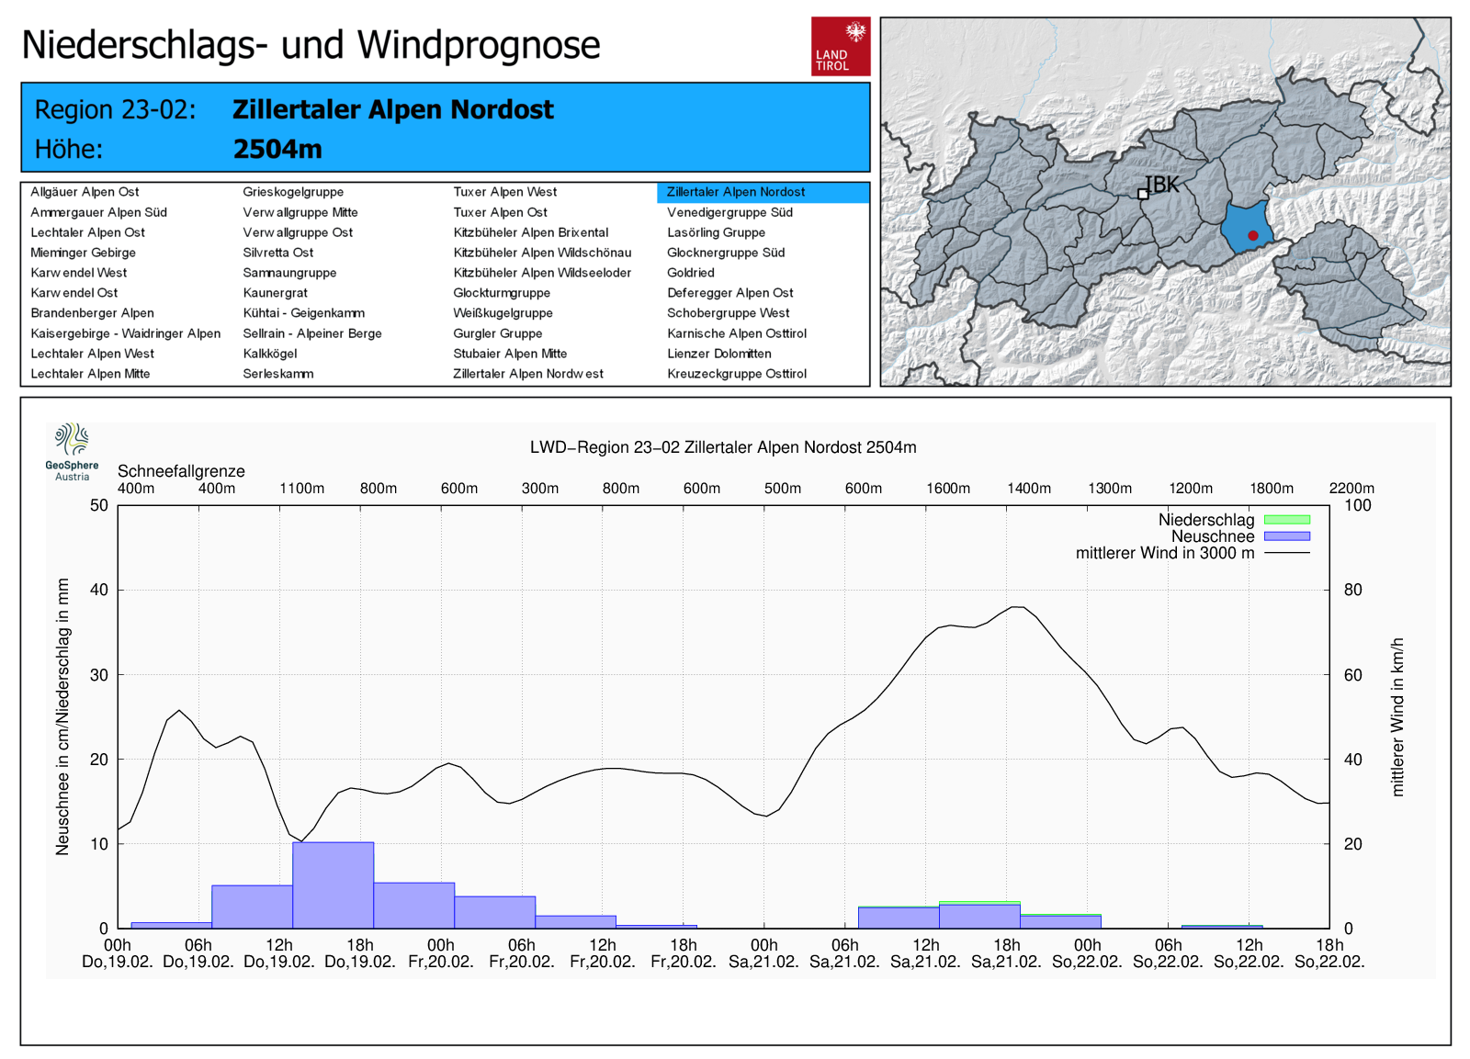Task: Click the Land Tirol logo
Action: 840,46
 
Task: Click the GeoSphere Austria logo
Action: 72,451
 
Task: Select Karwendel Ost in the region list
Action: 74,293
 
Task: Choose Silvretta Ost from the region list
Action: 277,253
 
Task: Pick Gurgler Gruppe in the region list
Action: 497,333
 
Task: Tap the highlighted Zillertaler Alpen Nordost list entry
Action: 736,192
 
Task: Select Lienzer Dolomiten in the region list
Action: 718,354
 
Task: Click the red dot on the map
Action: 1252,236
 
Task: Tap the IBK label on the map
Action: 1162,185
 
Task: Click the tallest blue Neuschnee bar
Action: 333,884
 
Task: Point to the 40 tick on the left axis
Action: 99,590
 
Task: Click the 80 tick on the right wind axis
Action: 1352,590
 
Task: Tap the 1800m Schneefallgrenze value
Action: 1271,489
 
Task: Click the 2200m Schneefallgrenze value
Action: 1351,489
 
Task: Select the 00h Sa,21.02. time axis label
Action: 763,953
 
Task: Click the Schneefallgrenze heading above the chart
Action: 181,471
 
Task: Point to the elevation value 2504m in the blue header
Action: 277,149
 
